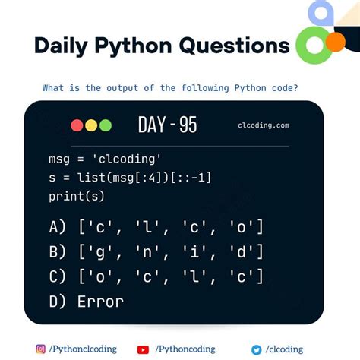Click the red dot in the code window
click(77, 125)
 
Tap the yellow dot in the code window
click(91, 125)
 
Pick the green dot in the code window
click(105, 125)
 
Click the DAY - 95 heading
click(167, 125)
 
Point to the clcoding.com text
click(263, 126)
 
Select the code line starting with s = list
click(128, 178)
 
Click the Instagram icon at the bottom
click(41, 349)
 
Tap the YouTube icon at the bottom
click(143, 349)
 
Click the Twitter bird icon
click(257, 349)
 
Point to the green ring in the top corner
click(311, 46)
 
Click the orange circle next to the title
click(334, 42)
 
